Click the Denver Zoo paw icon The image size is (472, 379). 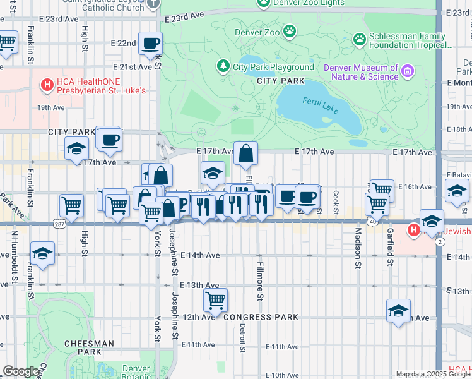point(290,31)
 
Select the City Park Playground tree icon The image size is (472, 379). point(223,66)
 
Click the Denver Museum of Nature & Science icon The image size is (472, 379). point(408,71)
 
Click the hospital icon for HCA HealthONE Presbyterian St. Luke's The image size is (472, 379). point(46,83)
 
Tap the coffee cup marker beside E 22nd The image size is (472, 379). point(150,44)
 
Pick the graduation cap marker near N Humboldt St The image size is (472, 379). point(42,253)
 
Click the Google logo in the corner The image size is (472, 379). point(21,371)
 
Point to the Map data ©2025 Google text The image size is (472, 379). point(433,374)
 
